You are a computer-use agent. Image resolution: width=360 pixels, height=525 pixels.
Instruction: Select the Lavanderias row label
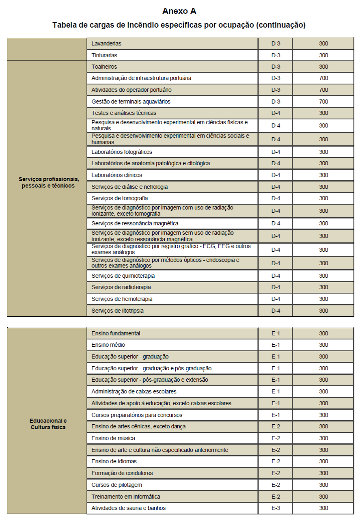point(106,43)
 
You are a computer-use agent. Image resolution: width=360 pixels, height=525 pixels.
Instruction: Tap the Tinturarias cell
point(104,55)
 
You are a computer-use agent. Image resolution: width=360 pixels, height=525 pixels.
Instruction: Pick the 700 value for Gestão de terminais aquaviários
point(323,102)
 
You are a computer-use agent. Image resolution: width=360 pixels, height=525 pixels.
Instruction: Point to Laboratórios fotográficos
point(122,152)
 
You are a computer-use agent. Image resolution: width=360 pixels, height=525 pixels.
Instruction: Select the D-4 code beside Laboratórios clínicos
point(276,175)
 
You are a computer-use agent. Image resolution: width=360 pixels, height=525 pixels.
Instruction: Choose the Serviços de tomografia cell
point(120,198)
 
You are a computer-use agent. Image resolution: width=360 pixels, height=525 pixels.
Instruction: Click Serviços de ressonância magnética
point(135,223)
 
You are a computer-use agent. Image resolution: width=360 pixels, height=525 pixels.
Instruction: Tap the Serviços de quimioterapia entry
point(123,276)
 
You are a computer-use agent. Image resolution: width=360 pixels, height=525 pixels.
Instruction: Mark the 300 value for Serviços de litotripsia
point(323,311)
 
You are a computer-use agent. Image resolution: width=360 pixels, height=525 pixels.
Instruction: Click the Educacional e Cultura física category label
point(48,424)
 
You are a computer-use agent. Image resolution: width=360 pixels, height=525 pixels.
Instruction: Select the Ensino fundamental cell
point(116,333)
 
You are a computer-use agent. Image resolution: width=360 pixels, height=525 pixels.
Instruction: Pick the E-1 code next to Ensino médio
point(276,345)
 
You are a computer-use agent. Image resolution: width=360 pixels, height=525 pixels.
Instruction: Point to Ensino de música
point(113,438)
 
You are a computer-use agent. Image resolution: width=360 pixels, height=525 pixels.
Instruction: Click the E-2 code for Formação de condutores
point(276,473)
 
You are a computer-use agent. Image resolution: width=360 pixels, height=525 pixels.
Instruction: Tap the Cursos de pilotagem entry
point(116,485)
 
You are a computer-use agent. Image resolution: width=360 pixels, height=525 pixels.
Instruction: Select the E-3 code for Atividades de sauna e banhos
point(276,508)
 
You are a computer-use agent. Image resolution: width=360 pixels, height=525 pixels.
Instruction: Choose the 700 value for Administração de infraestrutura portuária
point(323,78)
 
